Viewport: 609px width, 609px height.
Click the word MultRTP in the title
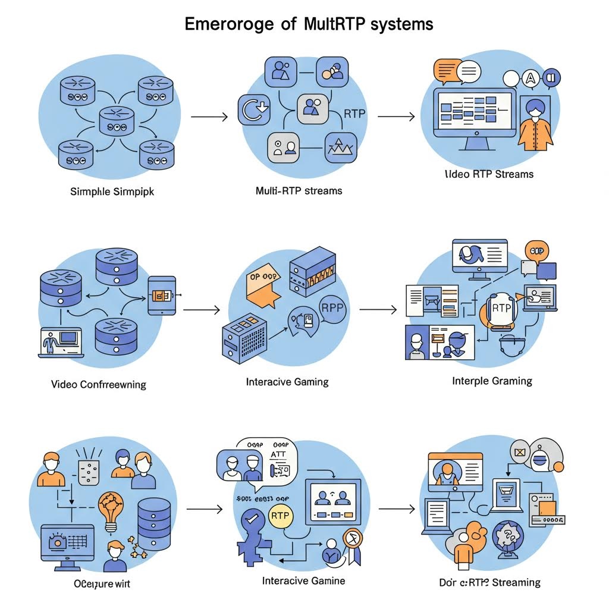(338, 24)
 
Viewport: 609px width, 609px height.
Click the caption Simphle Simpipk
(112, 192)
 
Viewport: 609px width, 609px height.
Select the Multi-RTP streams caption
(299, 191)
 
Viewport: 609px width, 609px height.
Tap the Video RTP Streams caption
(489, 174)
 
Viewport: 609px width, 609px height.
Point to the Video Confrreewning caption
(99, 384)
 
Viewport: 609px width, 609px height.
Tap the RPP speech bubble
(328, 308)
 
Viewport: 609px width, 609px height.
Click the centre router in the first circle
(117, 120)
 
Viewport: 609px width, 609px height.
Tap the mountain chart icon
(341, 147)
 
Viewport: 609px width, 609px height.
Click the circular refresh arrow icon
(254, 110)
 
